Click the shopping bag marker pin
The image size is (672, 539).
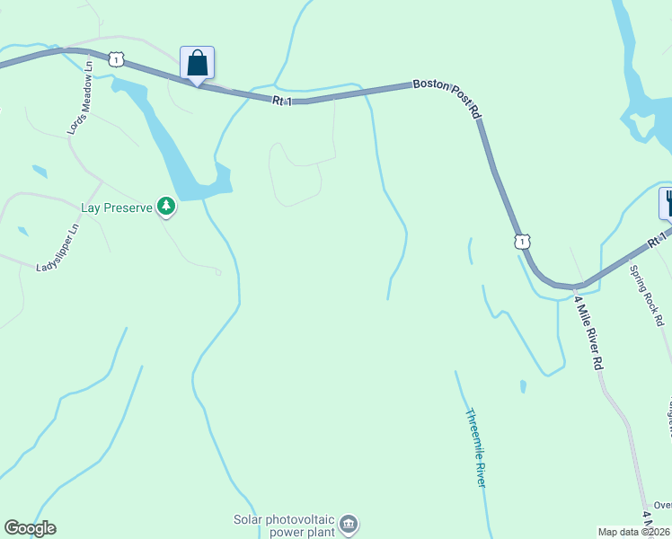click(x=198, y=64)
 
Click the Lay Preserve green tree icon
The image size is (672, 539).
click(x=165, y=207)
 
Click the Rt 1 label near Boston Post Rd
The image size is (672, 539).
click(x=282, y=102)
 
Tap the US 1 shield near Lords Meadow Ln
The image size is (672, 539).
click(x=116, y=59)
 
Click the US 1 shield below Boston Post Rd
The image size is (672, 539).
click(x=521, y=241)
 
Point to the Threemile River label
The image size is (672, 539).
click(x=475, y=448)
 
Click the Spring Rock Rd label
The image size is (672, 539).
click(x=646, y=295)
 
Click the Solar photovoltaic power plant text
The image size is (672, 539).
click(x=284, y=525)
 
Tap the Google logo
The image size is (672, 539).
click(x=30, y=528)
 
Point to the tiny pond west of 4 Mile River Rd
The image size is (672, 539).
click(x=523, y=387)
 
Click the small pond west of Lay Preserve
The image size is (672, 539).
click(x=39, y=171)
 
